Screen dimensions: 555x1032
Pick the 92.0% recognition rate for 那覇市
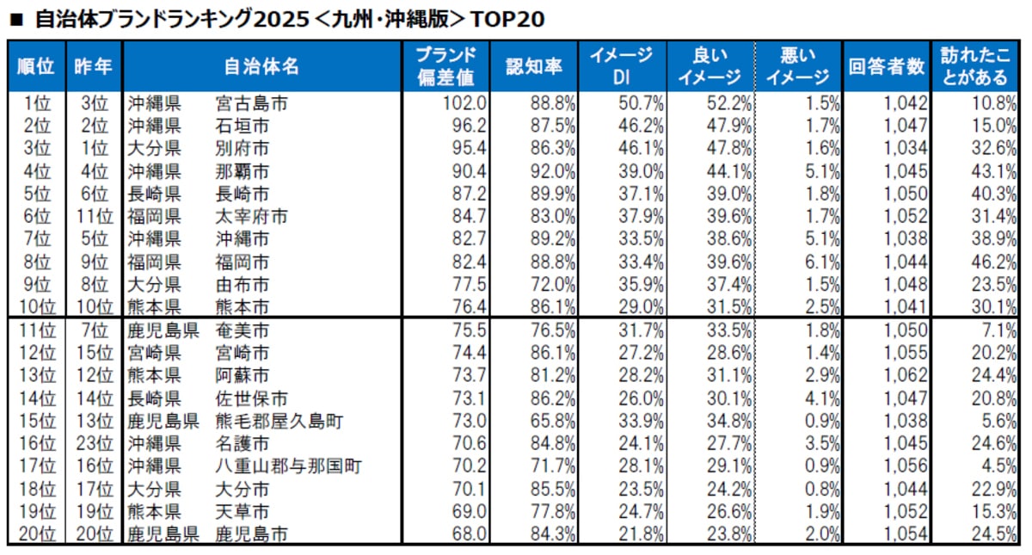pyautogui.click(x=553, y=170)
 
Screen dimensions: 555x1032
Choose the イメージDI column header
pyautogui.click(x=620, y=67)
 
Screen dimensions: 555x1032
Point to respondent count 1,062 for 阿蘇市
pyautogui.click(x=906, y=376)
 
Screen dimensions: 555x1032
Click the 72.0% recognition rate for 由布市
pyautogui.click(x=553, y=282)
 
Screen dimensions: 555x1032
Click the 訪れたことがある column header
pyautogui.click(x=979, y=67)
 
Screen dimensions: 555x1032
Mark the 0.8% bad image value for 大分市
pyautogui.click(x=820, y=488)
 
